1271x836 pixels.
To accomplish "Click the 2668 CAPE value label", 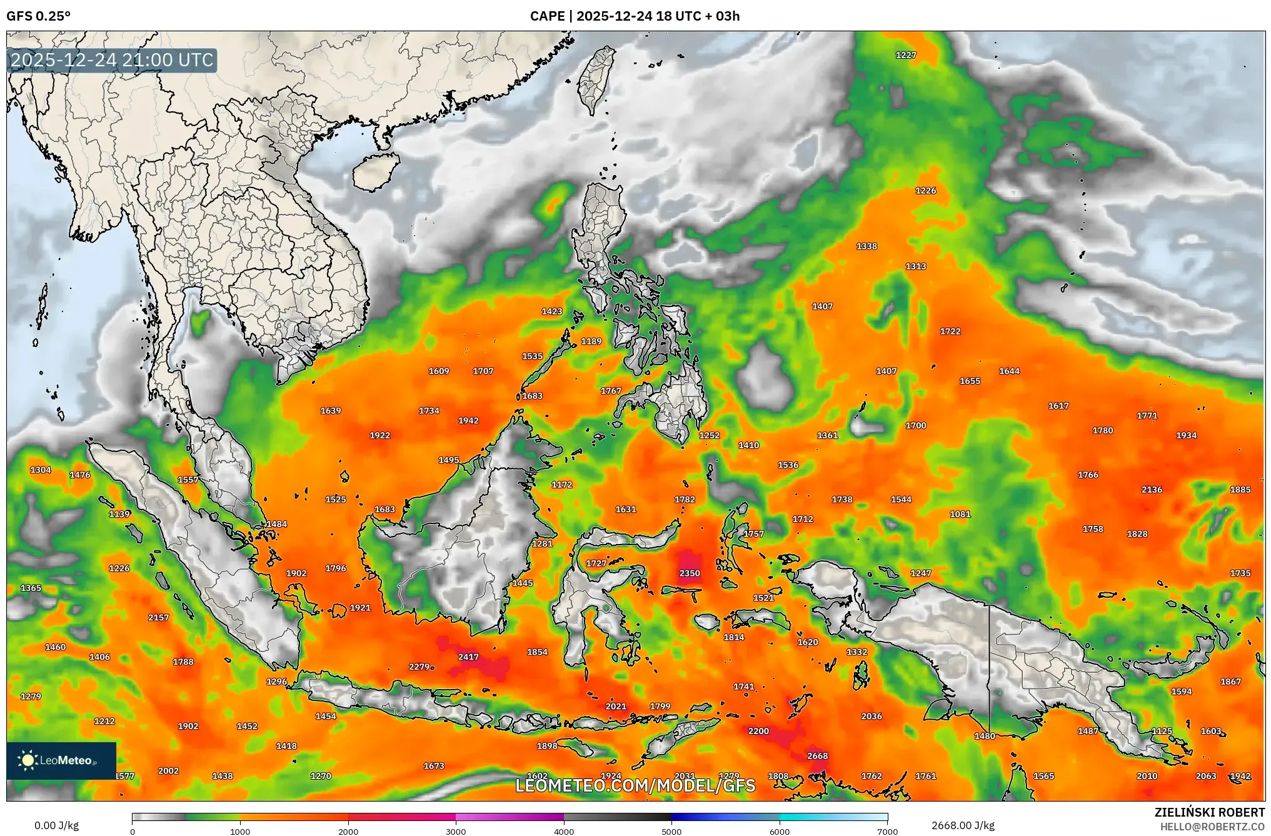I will point(817,756).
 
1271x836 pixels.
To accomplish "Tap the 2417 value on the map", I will point(468,657).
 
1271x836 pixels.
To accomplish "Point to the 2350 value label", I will point(690,573).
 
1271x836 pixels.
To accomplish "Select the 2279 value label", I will point(419,667).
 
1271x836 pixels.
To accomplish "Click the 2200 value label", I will point(758,731).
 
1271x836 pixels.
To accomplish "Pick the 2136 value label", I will point(1152,490).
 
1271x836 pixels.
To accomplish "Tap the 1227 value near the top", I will point(906,55).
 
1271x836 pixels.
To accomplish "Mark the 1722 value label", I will point(950,331).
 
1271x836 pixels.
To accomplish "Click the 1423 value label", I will point(551,311).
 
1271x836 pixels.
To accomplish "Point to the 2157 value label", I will point(158,618).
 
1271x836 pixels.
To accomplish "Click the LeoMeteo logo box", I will point(61,760).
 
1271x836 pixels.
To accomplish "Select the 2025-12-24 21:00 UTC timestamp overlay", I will point(113,61).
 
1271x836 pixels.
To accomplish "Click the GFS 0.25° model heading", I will point(39,16).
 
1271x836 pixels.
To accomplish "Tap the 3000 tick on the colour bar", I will point(456,832).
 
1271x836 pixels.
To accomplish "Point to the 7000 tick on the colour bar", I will point(887,832).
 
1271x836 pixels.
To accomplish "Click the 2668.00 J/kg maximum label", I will point(963,825).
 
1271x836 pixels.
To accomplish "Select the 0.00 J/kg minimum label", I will point(57,825).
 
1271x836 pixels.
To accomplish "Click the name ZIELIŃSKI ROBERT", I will point(1209,812).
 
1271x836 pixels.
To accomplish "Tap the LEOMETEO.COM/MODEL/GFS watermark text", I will point(635,785).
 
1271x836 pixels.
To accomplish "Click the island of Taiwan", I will point(595,80).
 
